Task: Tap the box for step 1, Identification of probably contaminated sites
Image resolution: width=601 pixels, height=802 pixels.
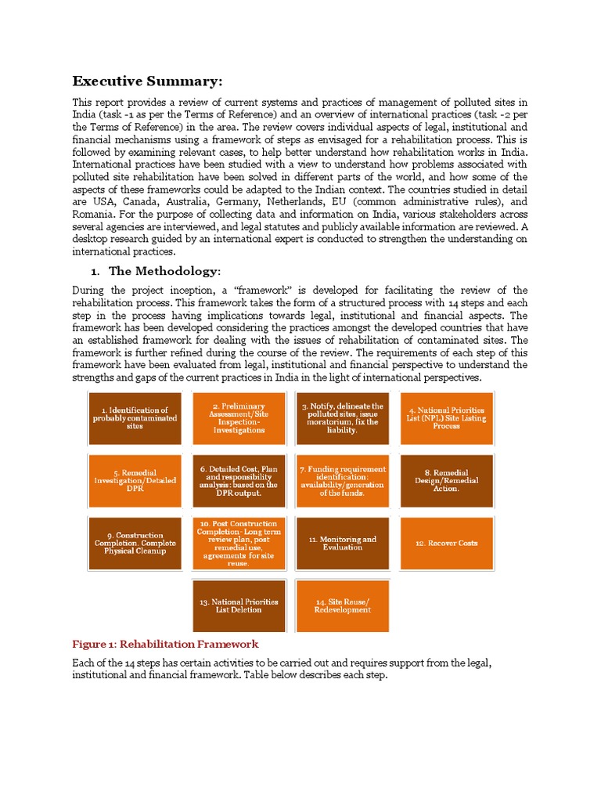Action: point(135,418)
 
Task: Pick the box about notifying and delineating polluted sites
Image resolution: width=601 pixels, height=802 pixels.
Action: point(342,418)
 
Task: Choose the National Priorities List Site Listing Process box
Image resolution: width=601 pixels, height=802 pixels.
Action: point(446,418)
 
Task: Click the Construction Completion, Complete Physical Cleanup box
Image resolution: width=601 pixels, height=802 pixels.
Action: point(135,543)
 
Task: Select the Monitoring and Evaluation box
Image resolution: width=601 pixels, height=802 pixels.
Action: point(342,543)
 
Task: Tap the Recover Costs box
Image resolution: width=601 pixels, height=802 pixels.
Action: point(446,543)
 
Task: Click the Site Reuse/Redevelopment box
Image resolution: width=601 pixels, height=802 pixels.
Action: point(342,605)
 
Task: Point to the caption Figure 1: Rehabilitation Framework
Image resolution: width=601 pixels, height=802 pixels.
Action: point(165,644)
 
